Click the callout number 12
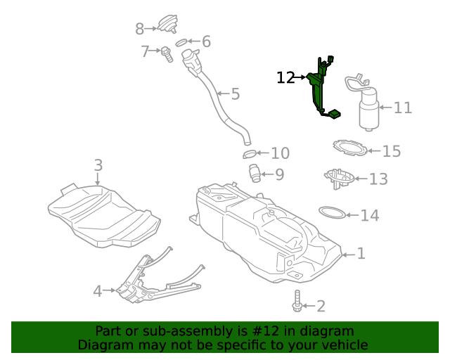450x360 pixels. (x=285, y=77)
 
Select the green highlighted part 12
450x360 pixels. (x=318, y=88)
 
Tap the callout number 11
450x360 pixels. (x=402, y=108)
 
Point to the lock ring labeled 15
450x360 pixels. (x=349, y=148)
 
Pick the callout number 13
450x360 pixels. (x=378, y=179)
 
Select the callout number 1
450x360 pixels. (x=361, y=253)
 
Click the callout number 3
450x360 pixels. (x=98, y=165)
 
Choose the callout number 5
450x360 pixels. (x=235, y=94)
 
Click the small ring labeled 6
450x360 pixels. (x=181, y=43)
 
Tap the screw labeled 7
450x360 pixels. (x=167, y=53)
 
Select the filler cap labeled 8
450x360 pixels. (x=167, y=25)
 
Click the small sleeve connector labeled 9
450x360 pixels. (x=255, y=172)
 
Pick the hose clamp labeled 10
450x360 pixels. (x=249, y=154)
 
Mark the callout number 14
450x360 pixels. (x=370, y=215)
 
